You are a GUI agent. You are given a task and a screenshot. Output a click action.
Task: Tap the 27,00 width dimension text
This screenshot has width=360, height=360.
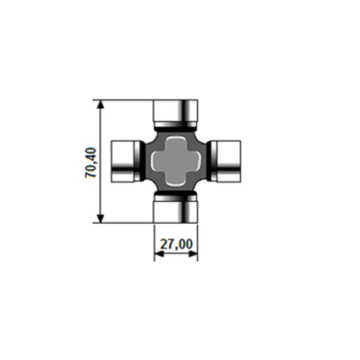(x=176, y=244)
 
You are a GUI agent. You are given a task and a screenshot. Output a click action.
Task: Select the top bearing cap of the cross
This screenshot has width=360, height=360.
(x=176, y=111)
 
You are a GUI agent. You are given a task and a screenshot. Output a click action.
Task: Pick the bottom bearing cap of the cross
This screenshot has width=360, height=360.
(x=176, y=210)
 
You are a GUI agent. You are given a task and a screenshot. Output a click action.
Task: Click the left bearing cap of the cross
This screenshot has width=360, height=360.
(x=126, y=160)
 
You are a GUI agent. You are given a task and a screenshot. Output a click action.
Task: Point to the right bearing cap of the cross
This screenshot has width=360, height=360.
(x=226, y=160)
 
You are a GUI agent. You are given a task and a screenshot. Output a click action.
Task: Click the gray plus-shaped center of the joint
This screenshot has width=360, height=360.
(x=176, y=160)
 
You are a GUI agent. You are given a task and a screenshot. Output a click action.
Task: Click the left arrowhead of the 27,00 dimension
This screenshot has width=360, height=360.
(x=158, y=254)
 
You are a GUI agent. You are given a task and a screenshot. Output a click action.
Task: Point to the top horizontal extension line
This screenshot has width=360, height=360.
(x=127, y=100)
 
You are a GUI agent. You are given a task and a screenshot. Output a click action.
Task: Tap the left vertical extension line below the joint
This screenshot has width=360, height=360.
(x=154, y=241)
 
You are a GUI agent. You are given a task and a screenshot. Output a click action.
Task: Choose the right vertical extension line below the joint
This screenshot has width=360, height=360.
(x=198, y=241)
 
